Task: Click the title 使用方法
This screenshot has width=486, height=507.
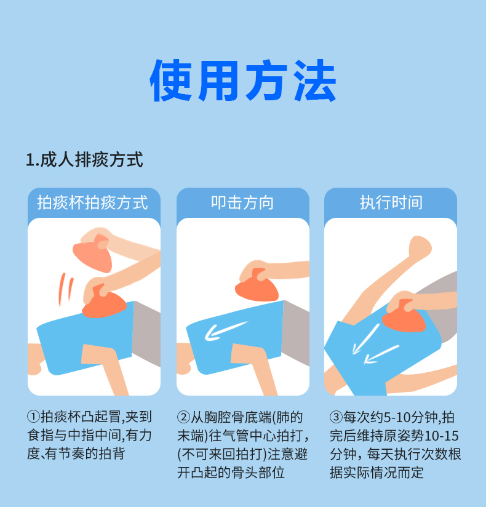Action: coord(243,81)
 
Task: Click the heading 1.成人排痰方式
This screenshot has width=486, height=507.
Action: coord(84,160)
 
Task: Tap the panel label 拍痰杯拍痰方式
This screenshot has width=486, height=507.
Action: coord(93,202)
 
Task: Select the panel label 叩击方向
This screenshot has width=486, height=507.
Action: coord(242,202)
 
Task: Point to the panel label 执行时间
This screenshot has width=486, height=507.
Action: coord(391,202)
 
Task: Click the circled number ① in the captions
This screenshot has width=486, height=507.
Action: coord(32,417)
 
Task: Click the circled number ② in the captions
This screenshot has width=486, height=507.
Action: coord(183,417)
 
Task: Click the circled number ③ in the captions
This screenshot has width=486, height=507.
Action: coord(335,417)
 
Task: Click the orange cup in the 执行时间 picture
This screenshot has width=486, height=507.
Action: coord(404,317)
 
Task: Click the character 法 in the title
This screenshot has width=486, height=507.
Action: coord(314,81)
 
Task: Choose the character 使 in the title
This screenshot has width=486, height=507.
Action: coord(172,81)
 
